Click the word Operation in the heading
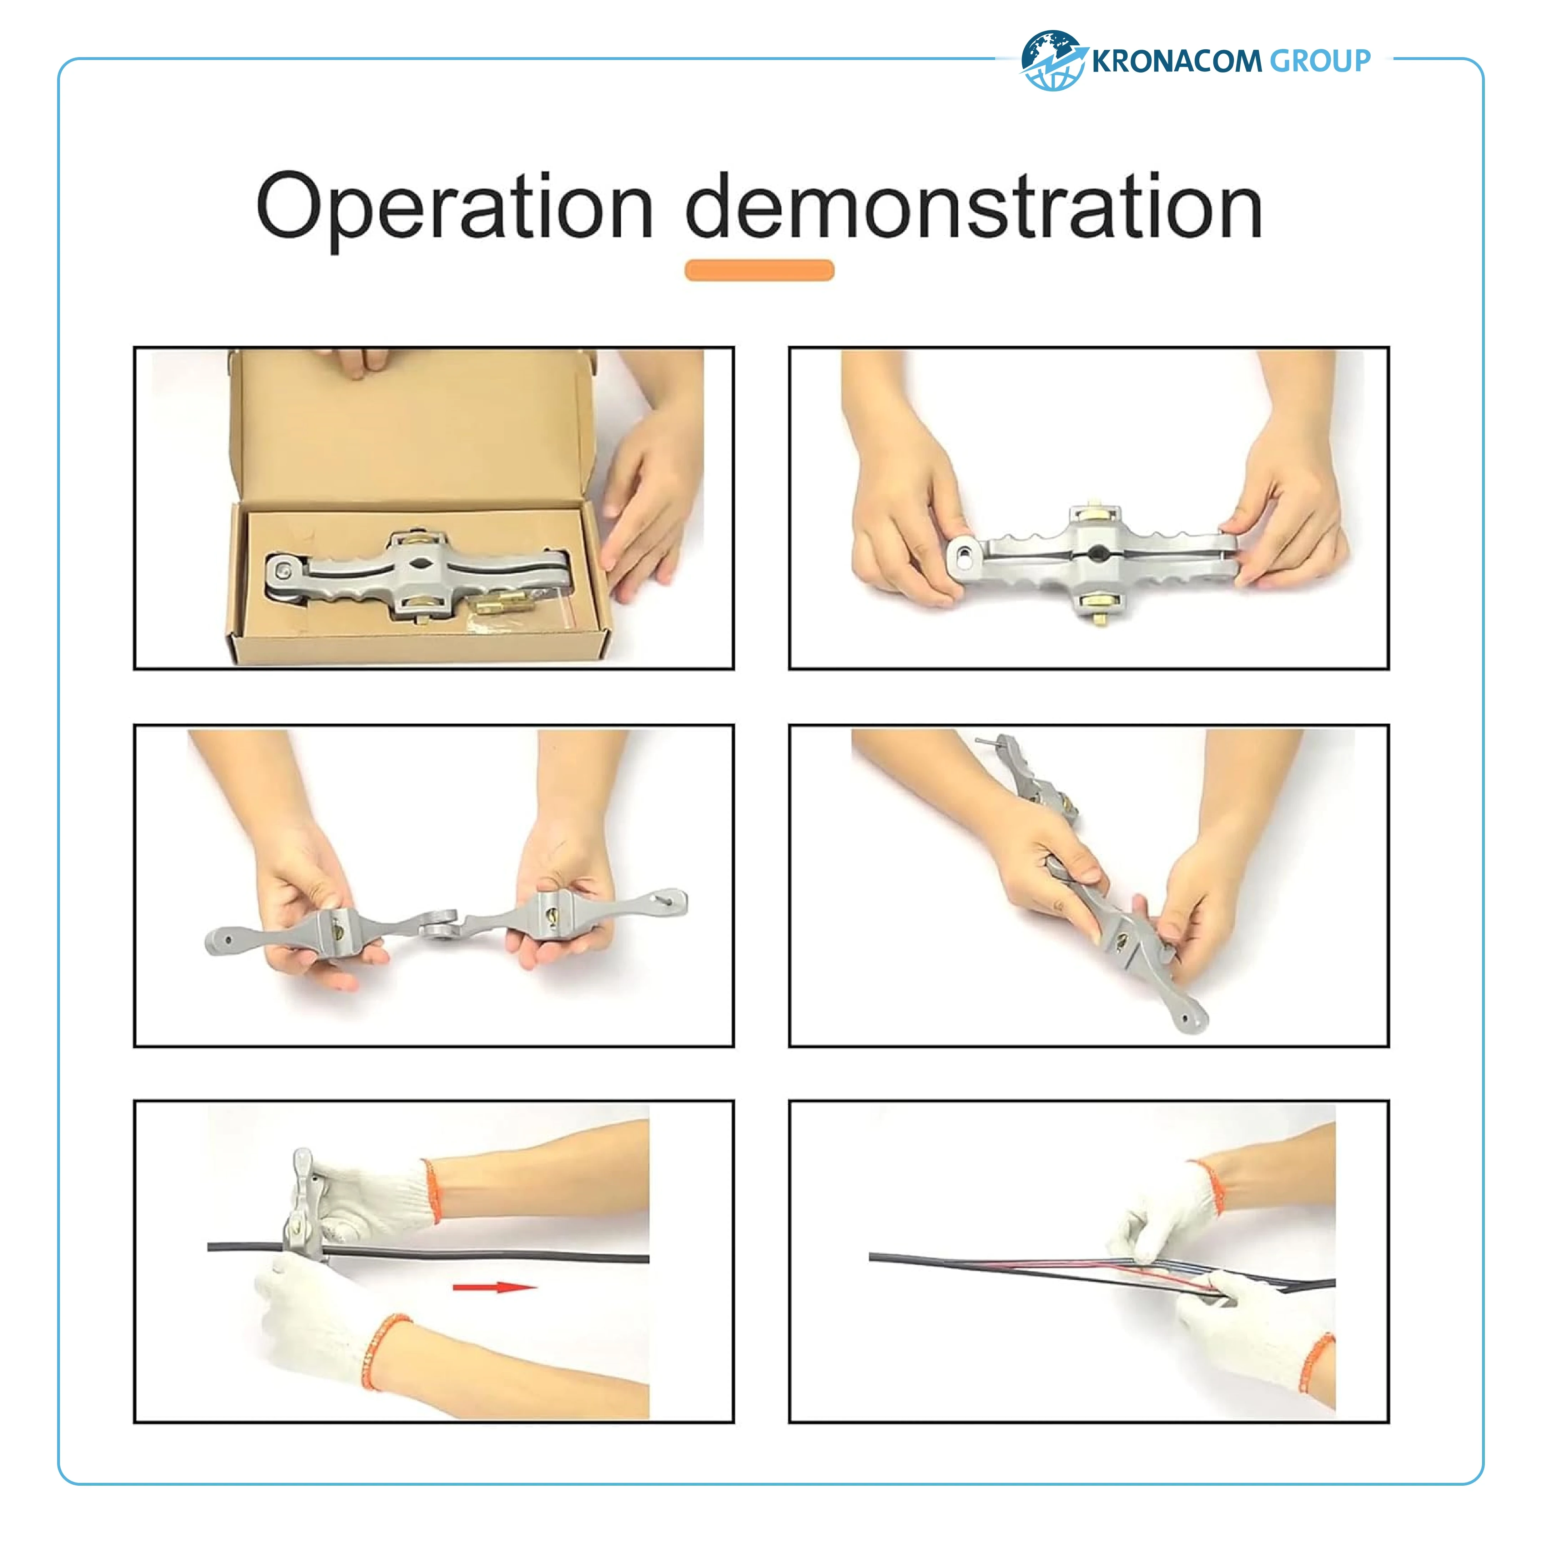coord(455,209)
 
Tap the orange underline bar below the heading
coord(759,270)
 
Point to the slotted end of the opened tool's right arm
coord(670,899)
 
